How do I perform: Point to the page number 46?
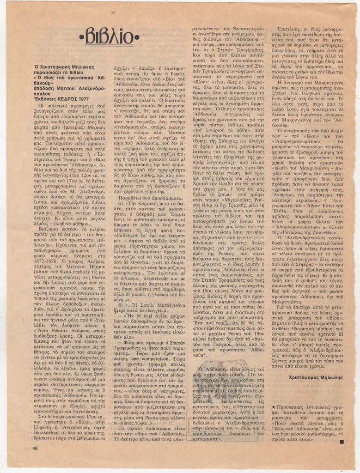pyautogui.click(x=35, y=448)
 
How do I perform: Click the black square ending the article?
pyautogui.click(x=342, y=442)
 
